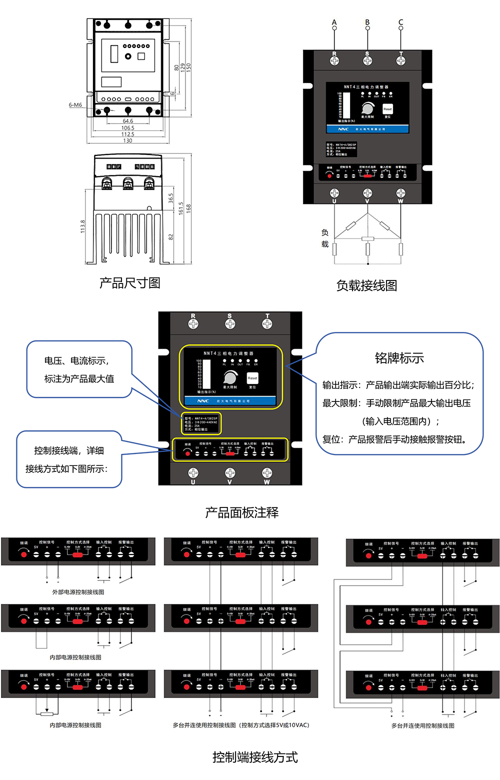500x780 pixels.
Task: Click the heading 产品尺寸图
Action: (130, 283)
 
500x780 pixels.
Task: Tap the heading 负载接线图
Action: (366, 285)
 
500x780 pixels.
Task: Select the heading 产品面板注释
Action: (242, 512)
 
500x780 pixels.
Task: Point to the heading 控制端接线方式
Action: (255, 757)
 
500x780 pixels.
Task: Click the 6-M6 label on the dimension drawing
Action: (75, 105)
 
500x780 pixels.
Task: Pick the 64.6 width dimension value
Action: (128, 121)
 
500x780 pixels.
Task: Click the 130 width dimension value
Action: (128, 140)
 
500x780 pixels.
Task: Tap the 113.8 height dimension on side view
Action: (83, 226)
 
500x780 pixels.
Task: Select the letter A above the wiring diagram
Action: (334, 22)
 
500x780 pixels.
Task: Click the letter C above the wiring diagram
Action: (400, 22)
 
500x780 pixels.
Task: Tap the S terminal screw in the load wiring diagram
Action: (367, 60)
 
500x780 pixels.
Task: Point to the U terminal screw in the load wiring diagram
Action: (334, 193)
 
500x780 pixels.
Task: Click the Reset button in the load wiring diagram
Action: (387, 109)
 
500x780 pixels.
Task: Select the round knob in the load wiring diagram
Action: (368, 108)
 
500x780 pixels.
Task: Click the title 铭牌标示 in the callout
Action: (399, 358)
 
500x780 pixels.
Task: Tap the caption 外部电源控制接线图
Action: (78, 592)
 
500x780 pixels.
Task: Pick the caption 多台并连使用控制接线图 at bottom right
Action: (422, 725)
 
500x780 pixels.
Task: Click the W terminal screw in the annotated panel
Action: (267, 473)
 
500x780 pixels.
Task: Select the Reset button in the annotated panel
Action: (252, 378)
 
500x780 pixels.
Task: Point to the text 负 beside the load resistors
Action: (325, 232)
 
